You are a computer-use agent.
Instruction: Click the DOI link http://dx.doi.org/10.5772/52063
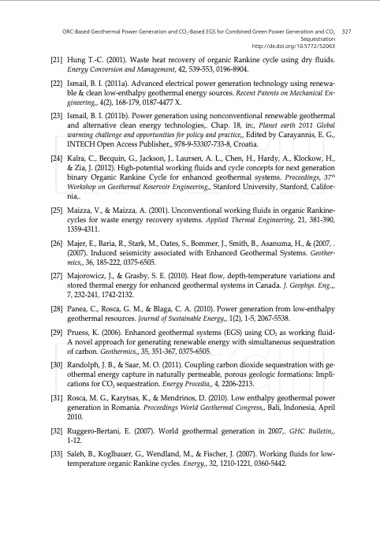click(299, 47)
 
